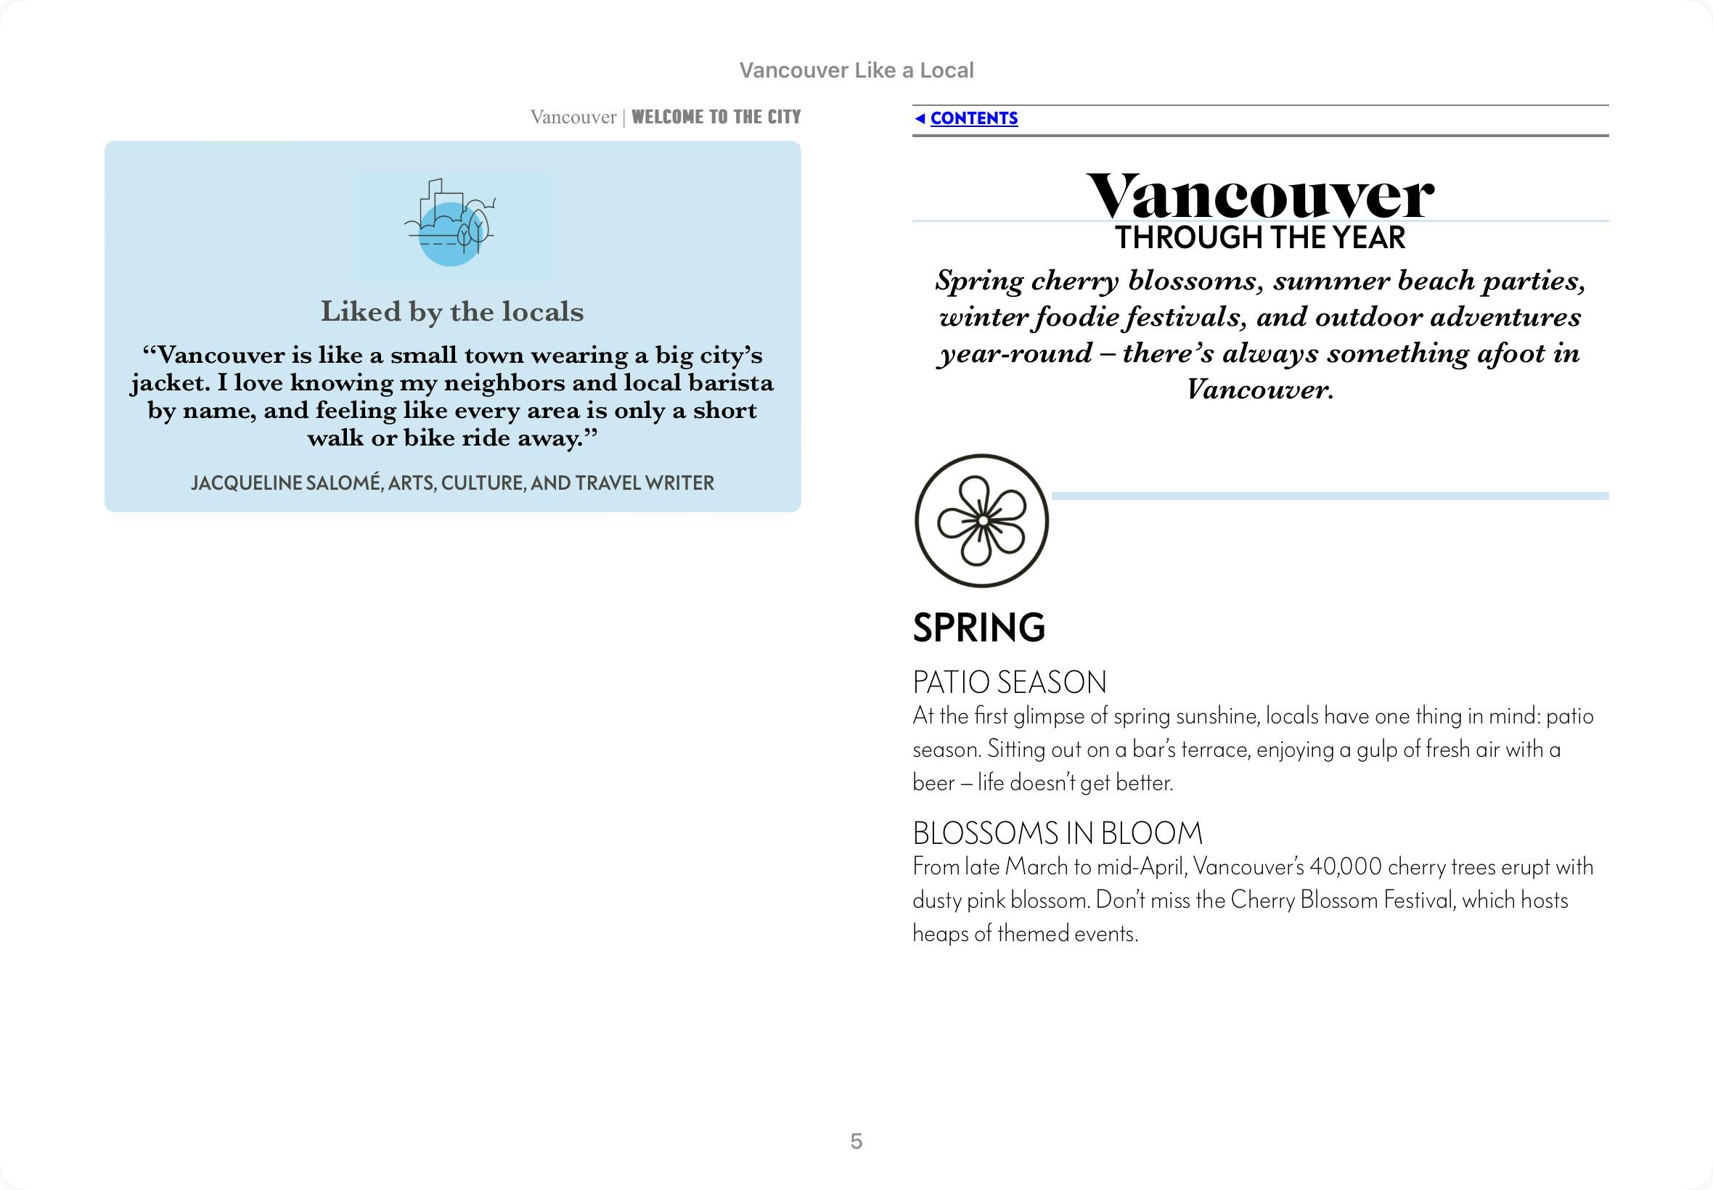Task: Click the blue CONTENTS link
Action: pyautogui.click(x=973, y=118)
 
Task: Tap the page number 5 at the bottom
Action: pyautogui.click(x=856, y=1141)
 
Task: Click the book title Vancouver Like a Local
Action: pyautogui.click(x=856, y=70)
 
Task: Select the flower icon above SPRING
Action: pyautogui.click(x=981, y=520)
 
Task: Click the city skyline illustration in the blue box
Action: pyautogui.click(x=451, y=224)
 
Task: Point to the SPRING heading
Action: pyautogui.click(x=978, y=627)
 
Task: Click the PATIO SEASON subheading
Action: pyautogui.click(x=1010, y=682)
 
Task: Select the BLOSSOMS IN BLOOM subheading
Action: pyautogui.click(x=1058, y=833)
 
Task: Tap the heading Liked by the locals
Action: pyautogui.click(x=452, y=312)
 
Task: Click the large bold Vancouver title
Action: pyautogui.click(x=1259, y=195)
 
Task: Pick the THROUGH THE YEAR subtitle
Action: pyautogui.click(x=1259, y=238)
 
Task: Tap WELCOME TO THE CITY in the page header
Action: pyautogui.click(x=716, y=117)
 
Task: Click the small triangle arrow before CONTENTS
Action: pyautogui.click(x=920, y=118)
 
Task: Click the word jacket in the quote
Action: pyautogui.click(x=168, y=383)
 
